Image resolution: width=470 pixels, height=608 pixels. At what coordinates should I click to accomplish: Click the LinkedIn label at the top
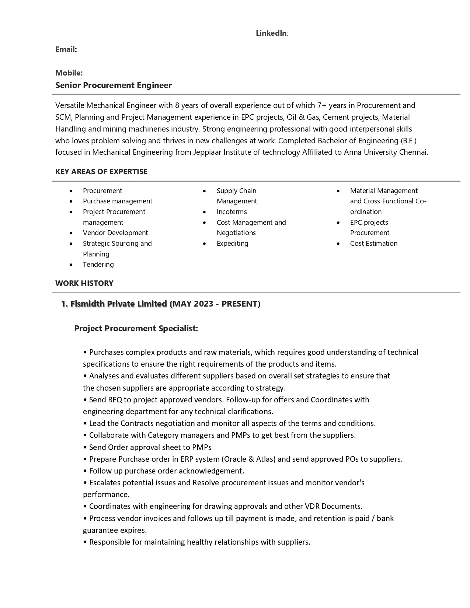pyautogui.click(x=272, y=33)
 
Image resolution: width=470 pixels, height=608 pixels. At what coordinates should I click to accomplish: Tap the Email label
pyautogui.click(x=66, y=49)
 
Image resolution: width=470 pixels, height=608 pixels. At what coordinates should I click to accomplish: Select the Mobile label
pyautogui.click(x=69, y=73)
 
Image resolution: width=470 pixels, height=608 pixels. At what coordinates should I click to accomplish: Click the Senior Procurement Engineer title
pyautogui.click(x=114, y=85)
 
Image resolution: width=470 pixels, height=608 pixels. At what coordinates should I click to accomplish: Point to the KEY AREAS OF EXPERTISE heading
pyautogui.click(x=101, y=172)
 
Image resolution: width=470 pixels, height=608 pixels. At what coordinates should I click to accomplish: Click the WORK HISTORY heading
pyautogui.click(x=84, y=283)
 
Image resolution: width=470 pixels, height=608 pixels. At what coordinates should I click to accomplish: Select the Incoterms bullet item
pyautogui.click(x=232, y=212)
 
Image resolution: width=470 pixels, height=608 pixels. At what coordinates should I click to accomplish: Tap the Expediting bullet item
pyautogui.click(x=233, y=244)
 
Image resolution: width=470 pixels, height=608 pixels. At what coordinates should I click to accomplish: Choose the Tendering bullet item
pyautogui.click(x=98, y=265)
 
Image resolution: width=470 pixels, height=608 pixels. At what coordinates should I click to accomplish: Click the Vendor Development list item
pyautogui.click(x=115, y=233)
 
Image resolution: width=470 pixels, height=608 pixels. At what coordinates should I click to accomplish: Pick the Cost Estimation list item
pyautogui.click(x=374, y=244)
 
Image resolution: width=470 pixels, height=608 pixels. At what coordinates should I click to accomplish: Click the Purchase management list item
pyautogui.click(x=118, y=201)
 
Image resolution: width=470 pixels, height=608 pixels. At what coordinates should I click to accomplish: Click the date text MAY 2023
pyautogui.click(x=193, y=304)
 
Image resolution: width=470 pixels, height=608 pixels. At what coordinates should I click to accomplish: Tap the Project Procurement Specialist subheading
pyautogui.click(x=136, y=328)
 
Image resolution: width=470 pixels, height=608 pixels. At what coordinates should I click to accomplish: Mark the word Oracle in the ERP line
pyautogui.click(x=235, y=459)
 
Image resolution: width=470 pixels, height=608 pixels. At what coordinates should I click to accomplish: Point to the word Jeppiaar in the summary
pyautogui.click(x=208, y=152)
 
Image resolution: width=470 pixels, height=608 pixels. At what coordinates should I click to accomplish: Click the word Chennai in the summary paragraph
pyautogui.click(x=413, y=152)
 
